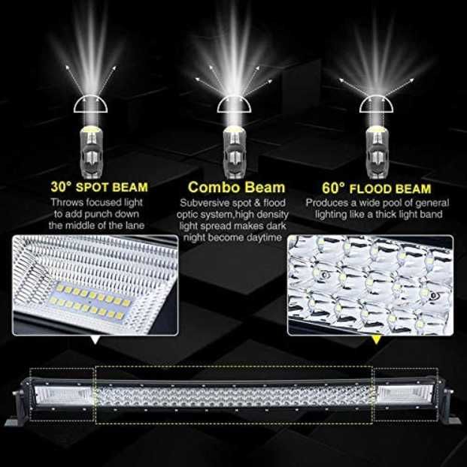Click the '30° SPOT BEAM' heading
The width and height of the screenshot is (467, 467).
99,187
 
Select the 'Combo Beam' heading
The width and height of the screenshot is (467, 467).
236,187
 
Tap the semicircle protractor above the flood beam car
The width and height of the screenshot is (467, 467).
375,105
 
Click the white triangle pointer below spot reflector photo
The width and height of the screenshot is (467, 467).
94,341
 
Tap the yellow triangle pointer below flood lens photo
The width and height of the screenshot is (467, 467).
375,341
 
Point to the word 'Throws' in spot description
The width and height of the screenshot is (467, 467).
67,203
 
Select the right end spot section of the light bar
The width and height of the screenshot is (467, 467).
405,392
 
